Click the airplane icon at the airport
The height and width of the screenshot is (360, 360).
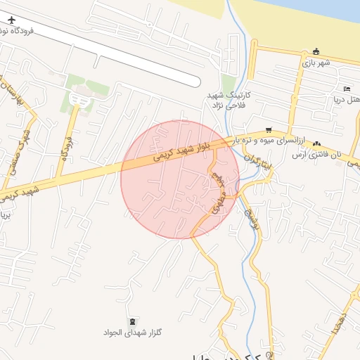(x=11, y=19)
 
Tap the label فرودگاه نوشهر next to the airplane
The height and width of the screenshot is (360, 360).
(x=14, y=32)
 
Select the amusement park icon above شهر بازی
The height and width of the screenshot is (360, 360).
(x=316, y=51)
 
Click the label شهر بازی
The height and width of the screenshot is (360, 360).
(x=316, y=63)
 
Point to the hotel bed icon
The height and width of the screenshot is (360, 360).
(x=347, y=89)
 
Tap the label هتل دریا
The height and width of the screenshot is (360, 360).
(x=349, y=99)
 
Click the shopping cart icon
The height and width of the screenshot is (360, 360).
(x=269, y=130)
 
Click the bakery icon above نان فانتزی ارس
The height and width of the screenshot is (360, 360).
(x=317, y=143)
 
